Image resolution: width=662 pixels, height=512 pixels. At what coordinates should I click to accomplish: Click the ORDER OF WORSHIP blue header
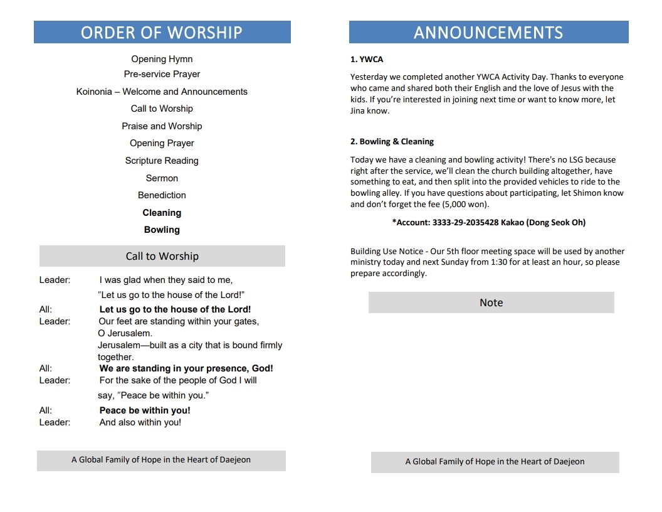162,32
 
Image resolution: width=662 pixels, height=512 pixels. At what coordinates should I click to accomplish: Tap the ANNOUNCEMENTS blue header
488,32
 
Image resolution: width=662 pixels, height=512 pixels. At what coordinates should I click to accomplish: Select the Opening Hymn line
162,59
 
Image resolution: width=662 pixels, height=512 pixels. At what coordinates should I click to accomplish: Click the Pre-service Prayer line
162,74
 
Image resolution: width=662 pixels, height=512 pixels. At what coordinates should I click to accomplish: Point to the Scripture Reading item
162,161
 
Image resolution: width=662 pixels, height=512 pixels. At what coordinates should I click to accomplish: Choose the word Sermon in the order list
162,178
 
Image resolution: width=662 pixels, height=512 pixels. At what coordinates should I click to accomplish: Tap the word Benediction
162,195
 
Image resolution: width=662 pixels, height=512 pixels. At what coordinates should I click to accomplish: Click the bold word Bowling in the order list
162,230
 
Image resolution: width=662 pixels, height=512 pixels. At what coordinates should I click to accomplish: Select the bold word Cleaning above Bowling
162,213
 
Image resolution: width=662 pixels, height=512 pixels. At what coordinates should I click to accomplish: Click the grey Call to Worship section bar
162,256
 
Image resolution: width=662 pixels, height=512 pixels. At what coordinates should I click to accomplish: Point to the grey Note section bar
491,302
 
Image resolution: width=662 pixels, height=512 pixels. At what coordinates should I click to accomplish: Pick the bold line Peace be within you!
145,410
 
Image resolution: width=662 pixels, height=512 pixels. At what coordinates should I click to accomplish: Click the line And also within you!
140,422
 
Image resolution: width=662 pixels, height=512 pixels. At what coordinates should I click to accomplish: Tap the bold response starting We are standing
186,368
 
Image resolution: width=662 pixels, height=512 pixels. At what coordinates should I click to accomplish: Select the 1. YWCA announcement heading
367,60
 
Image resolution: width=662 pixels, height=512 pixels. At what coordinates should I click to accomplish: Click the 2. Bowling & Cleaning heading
392,142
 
